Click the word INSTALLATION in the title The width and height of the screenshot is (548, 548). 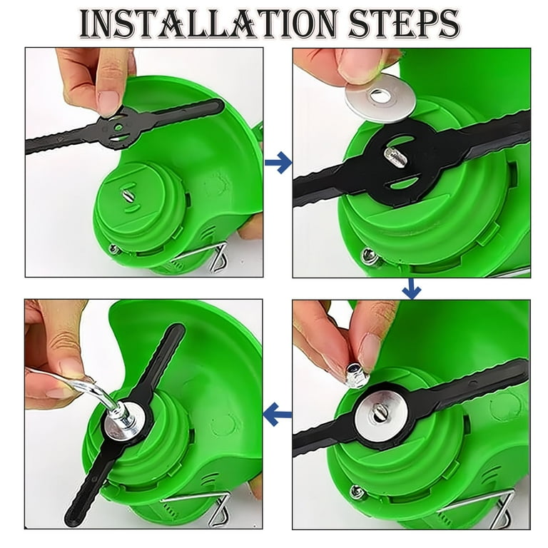209,24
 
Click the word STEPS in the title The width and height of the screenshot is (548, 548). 405,24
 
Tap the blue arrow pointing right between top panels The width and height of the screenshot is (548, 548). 278,163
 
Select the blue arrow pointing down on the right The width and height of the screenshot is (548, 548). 411,289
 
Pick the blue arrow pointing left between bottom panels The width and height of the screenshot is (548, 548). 277,414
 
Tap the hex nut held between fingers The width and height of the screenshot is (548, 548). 356,375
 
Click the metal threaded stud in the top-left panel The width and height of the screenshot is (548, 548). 126,194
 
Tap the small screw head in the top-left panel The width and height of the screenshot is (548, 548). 114,249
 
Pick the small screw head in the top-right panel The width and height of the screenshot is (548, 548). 370,255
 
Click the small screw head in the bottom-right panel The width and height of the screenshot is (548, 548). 357,492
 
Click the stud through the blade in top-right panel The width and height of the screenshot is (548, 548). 395,156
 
